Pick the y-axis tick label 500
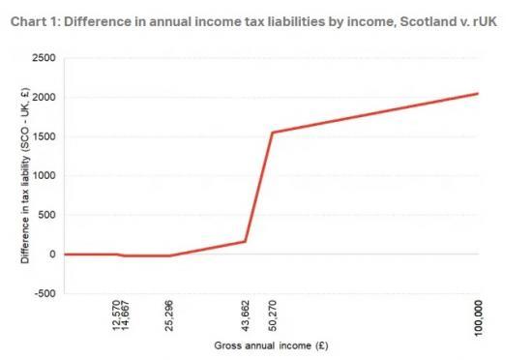(x=46, y=215)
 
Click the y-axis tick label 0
(x=52, y=255)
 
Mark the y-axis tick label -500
(x=44, y=293)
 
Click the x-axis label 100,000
(x=478, y=316)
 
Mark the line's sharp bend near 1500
(x=273, y=133)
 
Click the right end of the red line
(x=478, y=93)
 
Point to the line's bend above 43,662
(x=246, y=242)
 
